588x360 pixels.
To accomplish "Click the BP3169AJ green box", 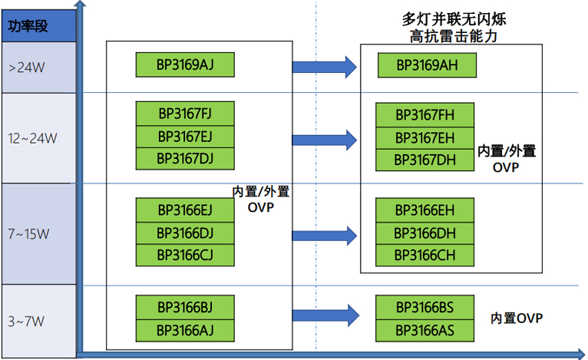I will click(x=184, y=65).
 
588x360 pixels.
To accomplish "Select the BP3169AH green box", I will click(x=427, y=65).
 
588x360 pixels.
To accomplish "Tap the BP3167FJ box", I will click(x=184, y=114).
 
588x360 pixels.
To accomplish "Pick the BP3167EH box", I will click(x=424, y=137).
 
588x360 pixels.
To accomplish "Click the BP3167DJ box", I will click(x=184, y=159).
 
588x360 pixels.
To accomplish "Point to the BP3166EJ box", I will click(x=184, y=210).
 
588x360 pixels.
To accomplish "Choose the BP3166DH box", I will click(x=424, y=233).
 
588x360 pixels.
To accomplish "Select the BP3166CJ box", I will click(x=184, y=255).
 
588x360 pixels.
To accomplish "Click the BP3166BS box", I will click(x=424, y=307).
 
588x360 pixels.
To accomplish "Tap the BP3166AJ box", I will click(x=184, y=330).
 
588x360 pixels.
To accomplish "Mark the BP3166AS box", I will click(x=424, y=330).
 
